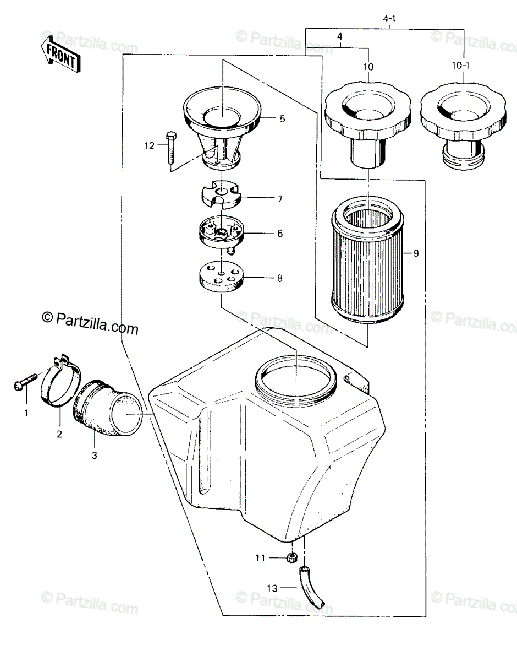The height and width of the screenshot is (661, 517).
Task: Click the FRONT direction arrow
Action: pos(61,53)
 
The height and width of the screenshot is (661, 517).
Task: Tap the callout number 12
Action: pos(150,146)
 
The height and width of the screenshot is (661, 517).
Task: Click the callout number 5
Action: pos(283,119)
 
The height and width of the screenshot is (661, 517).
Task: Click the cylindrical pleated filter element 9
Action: pos(367,260)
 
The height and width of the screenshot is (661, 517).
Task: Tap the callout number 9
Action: pos(416,253)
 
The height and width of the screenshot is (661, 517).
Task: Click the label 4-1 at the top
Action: pos(389,19)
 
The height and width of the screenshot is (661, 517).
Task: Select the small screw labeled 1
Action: pos(25,381)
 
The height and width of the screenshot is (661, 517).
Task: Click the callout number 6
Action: pos(280,234)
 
